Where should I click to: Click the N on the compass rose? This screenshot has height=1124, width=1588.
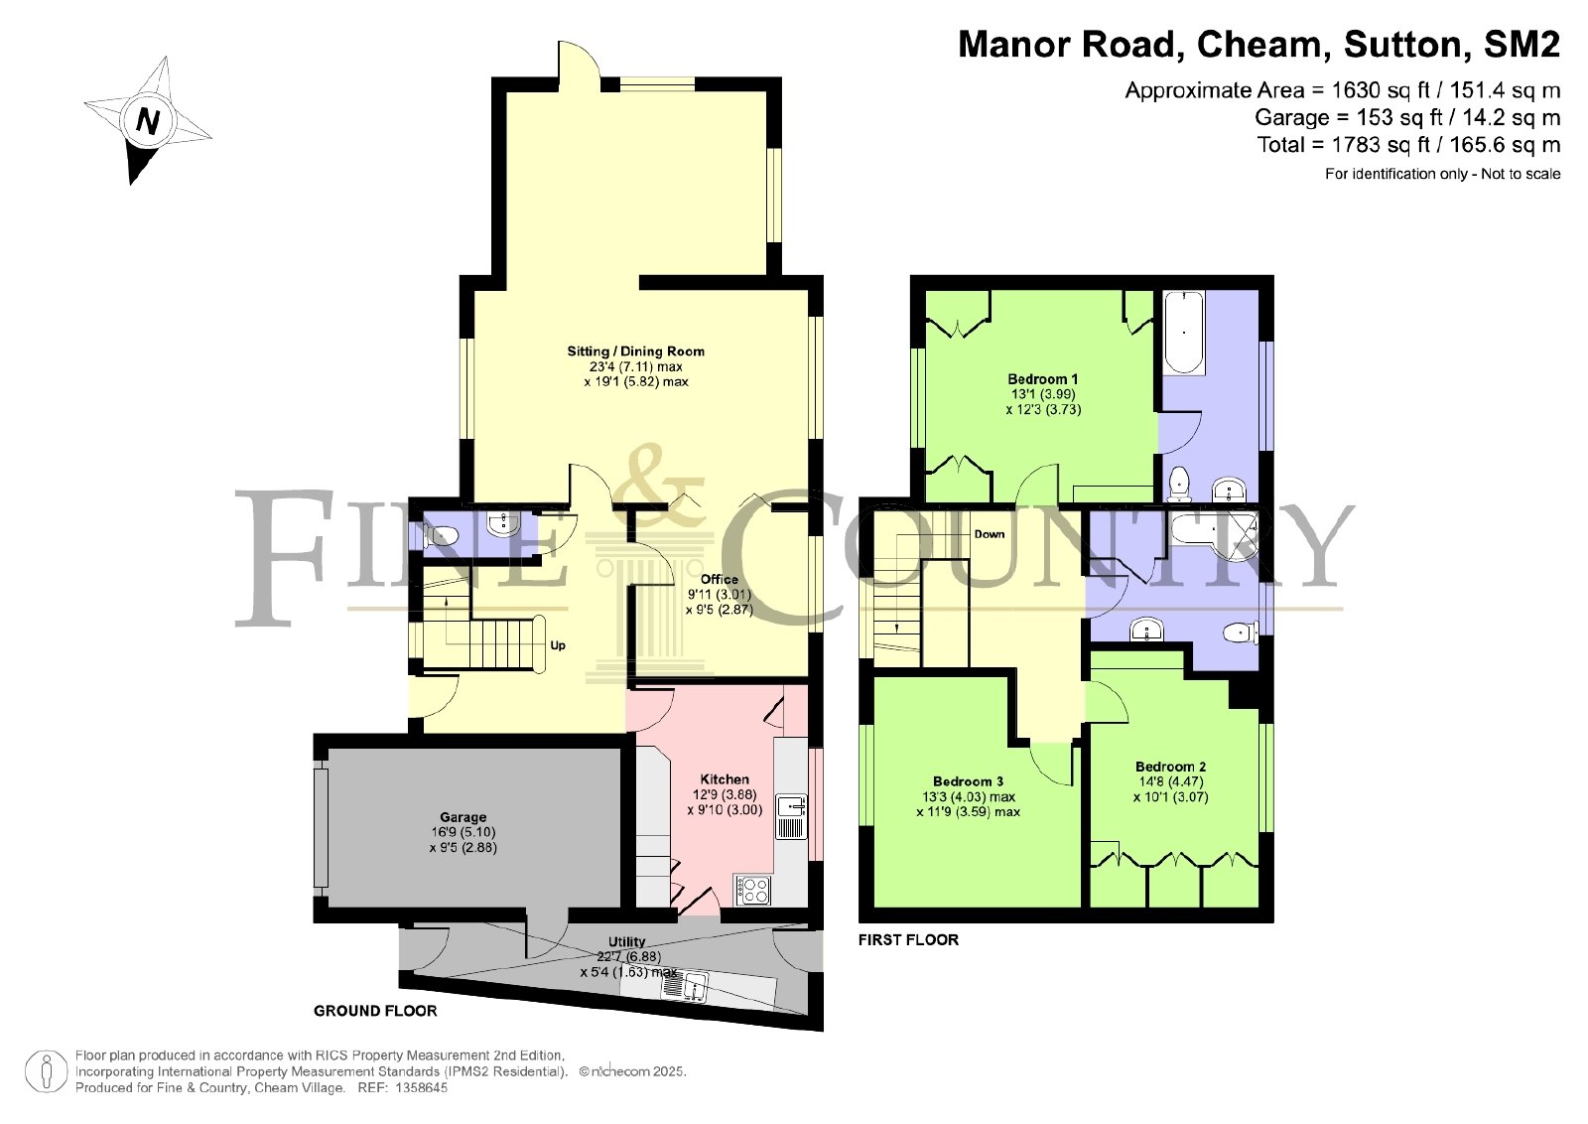click(x=148, y=121)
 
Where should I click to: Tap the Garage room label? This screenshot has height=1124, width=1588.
click(x=463, y=817)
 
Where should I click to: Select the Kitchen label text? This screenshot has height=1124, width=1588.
click(x=725, y=779)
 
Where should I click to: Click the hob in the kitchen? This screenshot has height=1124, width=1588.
click(x=753, y=890)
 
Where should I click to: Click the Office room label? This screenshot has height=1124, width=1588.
click(x=719, y=579)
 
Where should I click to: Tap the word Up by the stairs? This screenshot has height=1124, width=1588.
click(x=558, y=646)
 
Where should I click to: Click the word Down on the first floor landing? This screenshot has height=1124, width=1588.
click(x=989, y=534)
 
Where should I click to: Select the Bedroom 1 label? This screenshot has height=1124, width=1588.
click(x=1043, y=379)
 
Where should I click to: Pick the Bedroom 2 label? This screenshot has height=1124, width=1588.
click(x=1170, y=767)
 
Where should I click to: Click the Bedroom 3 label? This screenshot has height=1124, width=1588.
click(x=968, y=781)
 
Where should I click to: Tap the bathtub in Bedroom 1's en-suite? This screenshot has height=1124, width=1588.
click(x=1183, y=332)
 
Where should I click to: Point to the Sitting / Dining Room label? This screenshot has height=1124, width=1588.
click(x=636, y=351)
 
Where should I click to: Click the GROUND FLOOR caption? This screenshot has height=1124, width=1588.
click(x=375, y=1011)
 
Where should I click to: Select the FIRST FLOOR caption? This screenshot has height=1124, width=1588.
click(x=908, y=940)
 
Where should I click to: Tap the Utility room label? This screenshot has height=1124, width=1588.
click(x=626, y=941)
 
